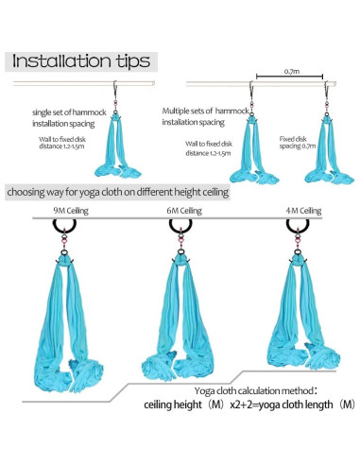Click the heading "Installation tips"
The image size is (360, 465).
point(80,61)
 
